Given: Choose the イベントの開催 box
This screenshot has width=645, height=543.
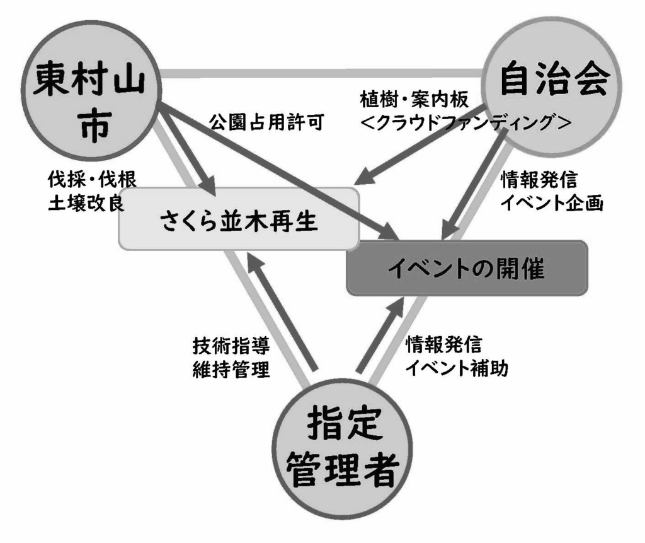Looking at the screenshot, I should [467, 268].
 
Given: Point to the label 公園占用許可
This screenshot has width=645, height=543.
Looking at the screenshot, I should [266, 122].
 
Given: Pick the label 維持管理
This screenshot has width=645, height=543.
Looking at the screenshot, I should [231, 368].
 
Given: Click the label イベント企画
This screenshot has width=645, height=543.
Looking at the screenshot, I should [552, 203].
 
